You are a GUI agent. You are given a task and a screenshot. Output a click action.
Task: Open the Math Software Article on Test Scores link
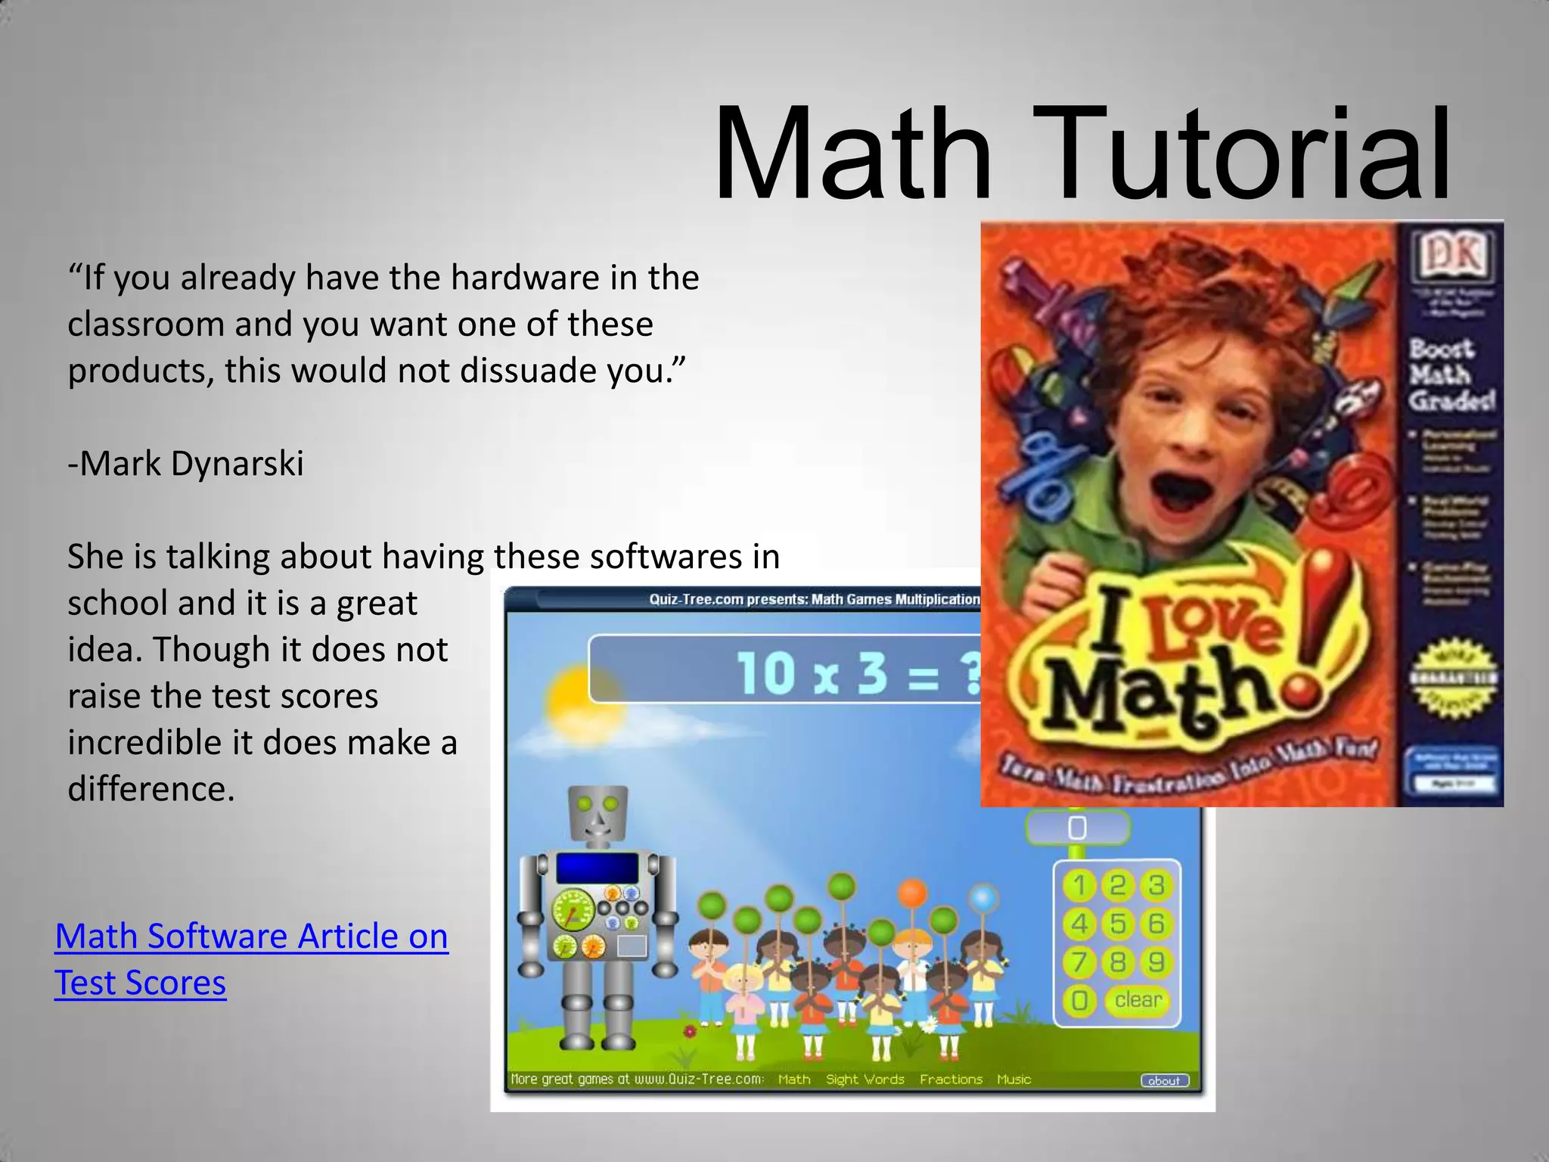point(251,958)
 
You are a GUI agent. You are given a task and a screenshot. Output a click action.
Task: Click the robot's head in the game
point(598,812)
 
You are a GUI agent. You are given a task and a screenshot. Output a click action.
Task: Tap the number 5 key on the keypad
point(1118,924)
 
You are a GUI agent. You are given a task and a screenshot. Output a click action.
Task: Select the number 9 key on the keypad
point(1156,962)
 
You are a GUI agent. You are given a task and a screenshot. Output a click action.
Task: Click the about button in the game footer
point(1164,1080)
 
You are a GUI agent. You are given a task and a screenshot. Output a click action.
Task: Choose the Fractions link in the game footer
point(951,1080)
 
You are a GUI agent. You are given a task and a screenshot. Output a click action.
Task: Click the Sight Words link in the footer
point(865,1080)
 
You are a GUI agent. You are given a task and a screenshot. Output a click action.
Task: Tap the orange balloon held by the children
point(913,893)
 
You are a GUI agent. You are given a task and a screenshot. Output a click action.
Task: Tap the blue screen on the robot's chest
point(598,868)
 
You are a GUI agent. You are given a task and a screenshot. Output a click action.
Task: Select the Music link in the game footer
point(1014,1080)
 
